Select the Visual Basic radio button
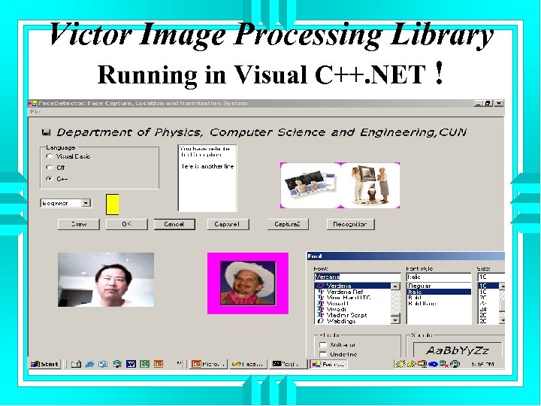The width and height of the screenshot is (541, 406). coord(50,156)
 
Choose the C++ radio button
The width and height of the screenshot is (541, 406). coord(50,179)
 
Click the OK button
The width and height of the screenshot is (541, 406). coord(126,224)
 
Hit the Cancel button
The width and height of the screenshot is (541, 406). coord(174,224)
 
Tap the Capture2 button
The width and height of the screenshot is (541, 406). coord(287,224)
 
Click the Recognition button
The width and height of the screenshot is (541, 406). coord(350,224)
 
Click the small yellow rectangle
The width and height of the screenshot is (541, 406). coord(113,203)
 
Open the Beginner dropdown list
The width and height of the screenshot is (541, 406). coord(86,203)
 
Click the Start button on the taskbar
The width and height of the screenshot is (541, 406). coord(45,364)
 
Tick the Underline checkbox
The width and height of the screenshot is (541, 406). coord(323,353)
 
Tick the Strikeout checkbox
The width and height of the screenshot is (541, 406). coord(323,344)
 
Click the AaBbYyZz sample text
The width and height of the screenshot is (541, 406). coord(457,350)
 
